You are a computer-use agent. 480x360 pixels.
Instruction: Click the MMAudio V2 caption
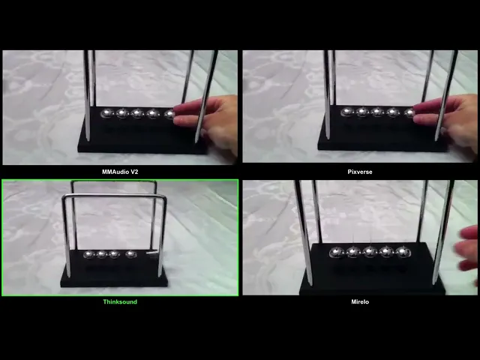point(120,172)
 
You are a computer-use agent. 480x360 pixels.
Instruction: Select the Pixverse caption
point(360,172)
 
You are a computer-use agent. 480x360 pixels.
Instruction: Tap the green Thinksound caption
point(120,301)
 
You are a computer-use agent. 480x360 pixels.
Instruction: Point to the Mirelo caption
point(360,301)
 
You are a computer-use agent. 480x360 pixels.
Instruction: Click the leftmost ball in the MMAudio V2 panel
point(107,113)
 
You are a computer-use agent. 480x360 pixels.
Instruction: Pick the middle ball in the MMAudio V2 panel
point(137,113)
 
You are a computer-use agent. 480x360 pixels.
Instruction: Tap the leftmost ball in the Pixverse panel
point(347,112)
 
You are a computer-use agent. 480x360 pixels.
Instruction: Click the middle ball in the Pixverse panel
point(377,112)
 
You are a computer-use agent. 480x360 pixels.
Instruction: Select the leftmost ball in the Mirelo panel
point(337,252)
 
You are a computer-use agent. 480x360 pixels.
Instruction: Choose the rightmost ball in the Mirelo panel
point(403,252)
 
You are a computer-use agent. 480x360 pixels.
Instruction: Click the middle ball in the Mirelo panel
point(370,252)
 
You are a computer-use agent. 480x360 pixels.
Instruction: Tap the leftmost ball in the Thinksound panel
point(88,254)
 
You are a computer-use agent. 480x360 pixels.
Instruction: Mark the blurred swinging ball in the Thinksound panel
point(152,253)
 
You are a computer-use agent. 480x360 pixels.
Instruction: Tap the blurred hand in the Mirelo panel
point(466,250)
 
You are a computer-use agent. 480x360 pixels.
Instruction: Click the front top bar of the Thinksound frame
point(114,195)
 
